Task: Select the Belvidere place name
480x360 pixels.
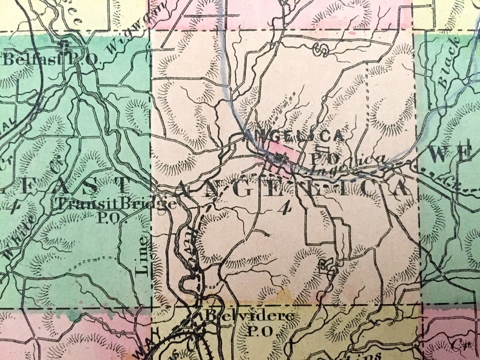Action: (x=249, y=316)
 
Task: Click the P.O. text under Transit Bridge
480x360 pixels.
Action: (x=109, y=216)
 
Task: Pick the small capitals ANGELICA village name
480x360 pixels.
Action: (x=296, y=137)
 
